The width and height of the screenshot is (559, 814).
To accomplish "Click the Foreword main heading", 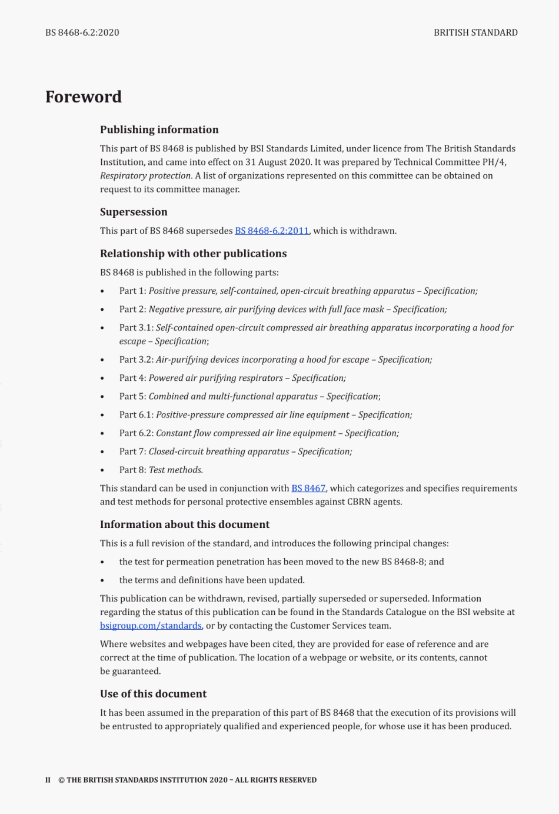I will (84, 97).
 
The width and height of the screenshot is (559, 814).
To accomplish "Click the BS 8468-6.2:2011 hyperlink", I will (272, 231).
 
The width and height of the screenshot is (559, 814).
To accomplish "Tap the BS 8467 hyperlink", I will (308, 489).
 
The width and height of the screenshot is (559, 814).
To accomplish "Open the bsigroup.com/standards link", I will (151, 626).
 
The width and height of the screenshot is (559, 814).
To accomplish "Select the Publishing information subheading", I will (159, 130).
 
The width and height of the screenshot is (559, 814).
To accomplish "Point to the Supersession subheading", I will (134, 212).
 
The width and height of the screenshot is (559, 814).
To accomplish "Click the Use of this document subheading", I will (153, 694).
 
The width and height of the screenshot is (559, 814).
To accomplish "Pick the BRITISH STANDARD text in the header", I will (475, 33).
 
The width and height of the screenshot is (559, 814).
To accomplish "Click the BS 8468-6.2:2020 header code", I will (82, 33).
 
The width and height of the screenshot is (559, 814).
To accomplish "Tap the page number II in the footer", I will (48, 780).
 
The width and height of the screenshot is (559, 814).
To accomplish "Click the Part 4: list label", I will (132, 378).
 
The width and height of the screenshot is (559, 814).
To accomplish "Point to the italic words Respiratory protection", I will (145, 176).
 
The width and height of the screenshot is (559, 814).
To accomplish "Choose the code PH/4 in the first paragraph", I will (494, 162).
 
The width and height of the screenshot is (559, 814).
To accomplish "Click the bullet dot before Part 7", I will (102, 452).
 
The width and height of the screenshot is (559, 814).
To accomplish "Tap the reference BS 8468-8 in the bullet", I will (403, 562).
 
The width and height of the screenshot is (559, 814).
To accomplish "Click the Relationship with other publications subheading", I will (193, 254).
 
